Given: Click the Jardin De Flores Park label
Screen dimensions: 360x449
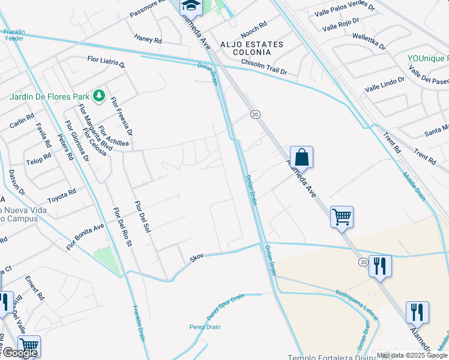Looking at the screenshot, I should [49, 96].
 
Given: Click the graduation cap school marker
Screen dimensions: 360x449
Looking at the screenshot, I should [191, 6].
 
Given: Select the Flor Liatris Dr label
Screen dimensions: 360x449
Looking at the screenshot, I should [106, 62].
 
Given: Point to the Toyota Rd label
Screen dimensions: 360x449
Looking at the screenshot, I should [62, 196].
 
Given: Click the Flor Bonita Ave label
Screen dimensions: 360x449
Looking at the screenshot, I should [85, 236].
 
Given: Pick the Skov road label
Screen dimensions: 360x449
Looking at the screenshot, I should [197, 256].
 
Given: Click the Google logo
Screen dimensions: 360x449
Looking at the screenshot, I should [20, 353].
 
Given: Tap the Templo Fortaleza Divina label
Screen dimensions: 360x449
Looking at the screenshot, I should [331, 357].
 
